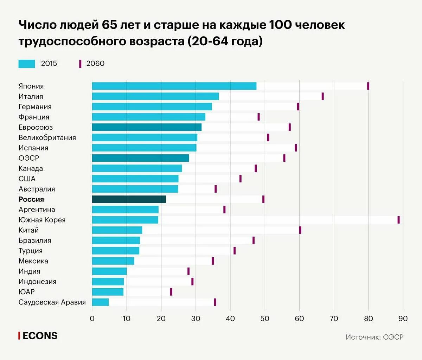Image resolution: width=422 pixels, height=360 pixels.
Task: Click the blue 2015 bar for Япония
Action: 174,86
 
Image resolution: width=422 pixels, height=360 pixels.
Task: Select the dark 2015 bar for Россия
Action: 129,199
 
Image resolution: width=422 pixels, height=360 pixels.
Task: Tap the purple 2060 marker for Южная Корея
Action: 398,220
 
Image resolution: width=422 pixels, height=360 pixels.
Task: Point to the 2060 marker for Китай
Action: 300,230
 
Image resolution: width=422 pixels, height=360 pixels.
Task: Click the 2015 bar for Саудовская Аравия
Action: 101,302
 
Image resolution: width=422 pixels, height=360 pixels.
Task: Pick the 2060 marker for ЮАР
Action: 171,292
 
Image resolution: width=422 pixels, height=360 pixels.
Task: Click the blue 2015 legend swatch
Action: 27,64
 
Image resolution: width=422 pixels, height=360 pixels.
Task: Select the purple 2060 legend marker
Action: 80,64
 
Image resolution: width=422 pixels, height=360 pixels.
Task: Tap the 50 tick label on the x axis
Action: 265,319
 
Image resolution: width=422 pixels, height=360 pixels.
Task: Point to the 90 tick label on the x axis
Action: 403,319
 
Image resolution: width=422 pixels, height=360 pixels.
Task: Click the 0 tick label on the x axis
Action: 92,319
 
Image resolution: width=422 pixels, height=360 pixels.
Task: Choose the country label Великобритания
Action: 47,137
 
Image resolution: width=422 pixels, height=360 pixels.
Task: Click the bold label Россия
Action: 31,199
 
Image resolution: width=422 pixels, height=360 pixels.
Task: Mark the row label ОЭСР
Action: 29,158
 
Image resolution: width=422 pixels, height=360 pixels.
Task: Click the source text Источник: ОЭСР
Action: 375,337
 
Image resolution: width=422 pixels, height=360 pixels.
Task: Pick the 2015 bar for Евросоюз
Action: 147,127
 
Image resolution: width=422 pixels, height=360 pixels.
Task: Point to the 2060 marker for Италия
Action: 322,96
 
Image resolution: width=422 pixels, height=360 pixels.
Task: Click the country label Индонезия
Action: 37,282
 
